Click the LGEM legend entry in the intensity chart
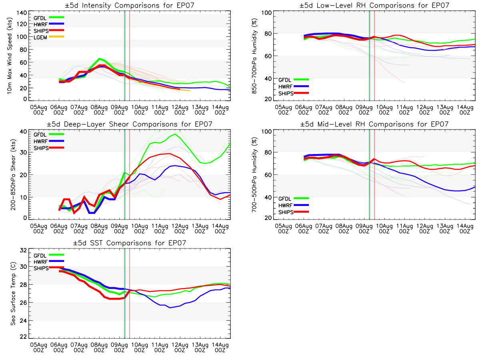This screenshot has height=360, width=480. pos(48,37)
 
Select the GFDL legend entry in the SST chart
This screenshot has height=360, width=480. pos(48,255)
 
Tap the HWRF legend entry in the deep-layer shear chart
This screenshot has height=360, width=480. pos(48,141)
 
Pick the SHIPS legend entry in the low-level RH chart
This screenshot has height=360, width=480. pos(293,93)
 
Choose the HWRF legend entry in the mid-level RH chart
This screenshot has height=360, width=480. pos(293,206)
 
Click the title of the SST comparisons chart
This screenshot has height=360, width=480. pos(130,243)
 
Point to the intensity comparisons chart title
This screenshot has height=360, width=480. pos(130,5)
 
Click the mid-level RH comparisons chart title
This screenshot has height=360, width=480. pos(374,124)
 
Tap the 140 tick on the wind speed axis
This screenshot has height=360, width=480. pos(22,13)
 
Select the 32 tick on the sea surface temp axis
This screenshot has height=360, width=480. pos(23,250)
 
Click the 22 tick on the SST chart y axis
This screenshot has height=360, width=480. pos(23,337)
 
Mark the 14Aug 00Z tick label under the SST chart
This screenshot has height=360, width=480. pos(220,348)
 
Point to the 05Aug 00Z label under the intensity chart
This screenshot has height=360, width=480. pos(39,110)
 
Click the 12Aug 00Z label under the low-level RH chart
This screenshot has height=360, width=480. pos(424,110)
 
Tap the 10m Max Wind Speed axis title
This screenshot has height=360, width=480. pos(10,56)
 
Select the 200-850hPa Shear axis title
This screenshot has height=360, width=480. pos(13,174)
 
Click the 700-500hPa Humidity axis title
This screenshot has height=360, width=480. pos(254,175)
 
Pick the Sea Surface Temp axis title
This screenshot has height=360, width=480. pos(13,294)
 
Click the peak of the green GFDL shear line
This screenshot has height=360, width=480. pos(175,134)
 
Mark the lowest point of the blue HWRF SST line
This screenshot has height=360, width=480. pos(170,308)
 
